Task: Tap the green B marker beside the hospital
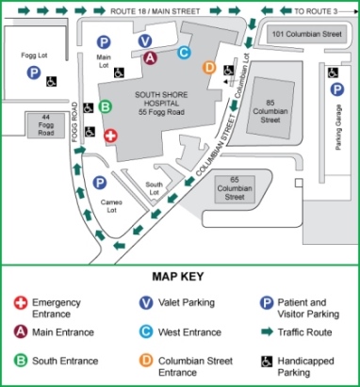106,106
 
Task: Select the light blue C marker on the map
184,54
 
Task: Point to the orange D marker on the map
209,68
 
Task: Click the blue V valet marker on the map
144,40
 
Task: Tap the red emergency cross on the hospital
110,137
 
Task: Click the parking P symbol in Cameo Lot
100,183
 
